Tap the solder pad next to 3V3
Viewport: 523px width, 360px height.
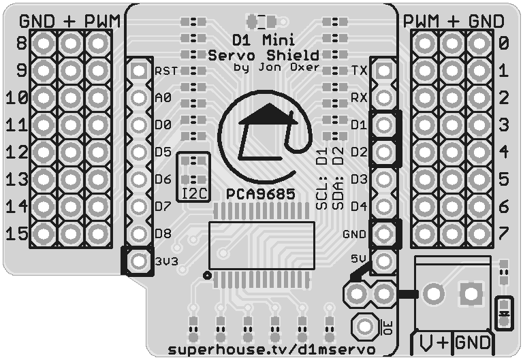pyautogui.click(x=139, y=261)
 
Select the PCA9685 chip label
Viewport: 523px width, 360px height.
pyautogui.click(x=262, y=194)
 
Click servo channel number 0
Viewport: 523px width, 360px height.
pyautogui.click(x=504, y=44)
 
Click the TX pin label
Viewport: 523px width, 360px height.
pyautogui.click(x=360, y=71)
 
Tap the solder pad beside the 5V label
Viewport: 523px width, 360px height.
pyautogui.click(x=384, y=261)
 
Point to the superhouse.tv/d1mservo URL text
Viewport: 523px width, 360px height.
pyautogui.click(x=271, y=349)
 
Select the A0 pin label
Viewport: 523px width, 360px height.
pyautogui.click(x=163, y=98)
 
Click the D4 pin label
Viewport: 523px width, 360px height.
pyautogui.click(x=359, y=206)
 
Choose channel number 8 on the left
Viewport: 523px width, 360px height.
pyautogui.click(x=20, y=44)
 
